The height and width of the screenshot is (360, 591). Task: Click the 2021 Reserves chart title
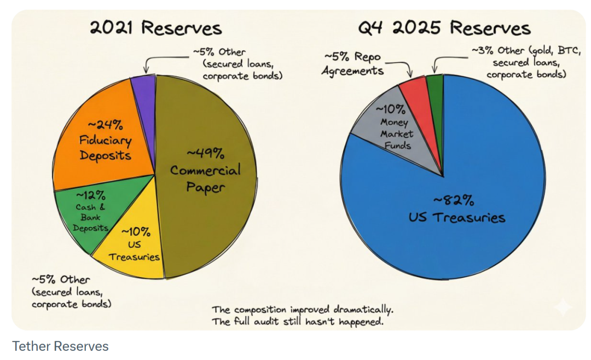pos(156,28)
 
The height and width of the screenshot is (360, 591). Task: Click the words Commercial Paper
pos(205,178)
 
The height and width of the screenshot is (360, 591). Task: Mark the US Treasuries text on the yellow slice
pos(135,251)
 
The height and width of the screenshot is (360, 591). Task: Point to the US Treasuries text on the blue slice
pos(456,218)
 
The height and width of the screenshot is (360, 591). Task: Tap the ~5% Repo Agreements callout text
pos(352,64)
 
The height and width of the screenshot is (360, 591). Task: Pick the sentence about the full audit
pos(297,322)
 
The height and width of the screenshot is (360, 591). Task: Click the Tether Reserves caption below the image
pos(60,346)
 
